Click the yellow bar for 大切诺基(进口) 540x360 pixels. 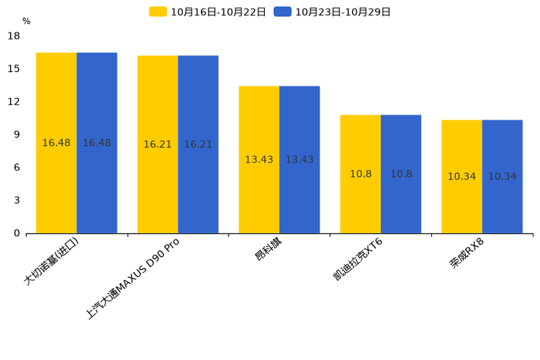tap(57, 143)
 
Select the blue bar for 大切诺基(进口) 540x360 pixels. tap(97, 143)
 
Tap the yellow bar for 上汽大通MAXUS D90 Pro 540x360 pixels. tap(157, 144)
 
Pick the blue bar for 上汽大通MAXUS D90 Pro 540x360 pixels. tap(198, 144)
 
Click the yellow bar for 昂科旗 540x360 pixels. tap(259, 160)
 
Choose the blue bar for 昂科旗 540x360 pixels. tap(299, 160)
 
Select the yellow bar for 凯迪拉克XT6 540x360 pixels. tap(361, 174)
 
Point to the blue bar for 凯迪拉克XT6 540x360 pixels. tap(401, 174)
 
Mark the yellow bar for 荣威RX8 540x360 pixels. tap(462, 176)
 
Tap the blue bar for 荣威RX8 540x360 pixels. tap(502, 176)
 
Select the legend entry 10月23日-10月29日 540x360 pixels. tap(333, 12)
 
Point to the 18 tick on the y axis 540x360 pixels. tap(14, 36)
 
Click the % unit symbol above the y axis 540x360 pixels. tap(26, 21)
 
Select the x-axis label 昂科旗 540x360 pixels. tap(270, 251)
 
